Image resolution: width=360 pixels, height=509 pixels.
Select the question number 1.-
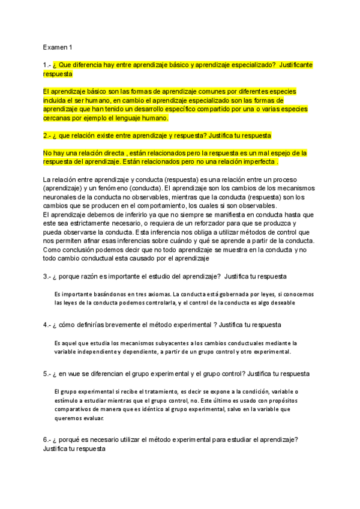click(47, 64)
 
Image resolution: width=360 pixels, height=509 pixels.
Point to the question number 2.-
click(47, 136)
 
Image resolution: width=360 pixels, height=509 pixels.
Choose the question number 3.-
click(47, 276)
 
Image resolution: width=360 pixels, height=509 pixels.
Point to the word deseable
click(280, 303)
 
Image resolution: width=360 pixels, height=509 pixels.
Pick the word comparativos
click(74, 409)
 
